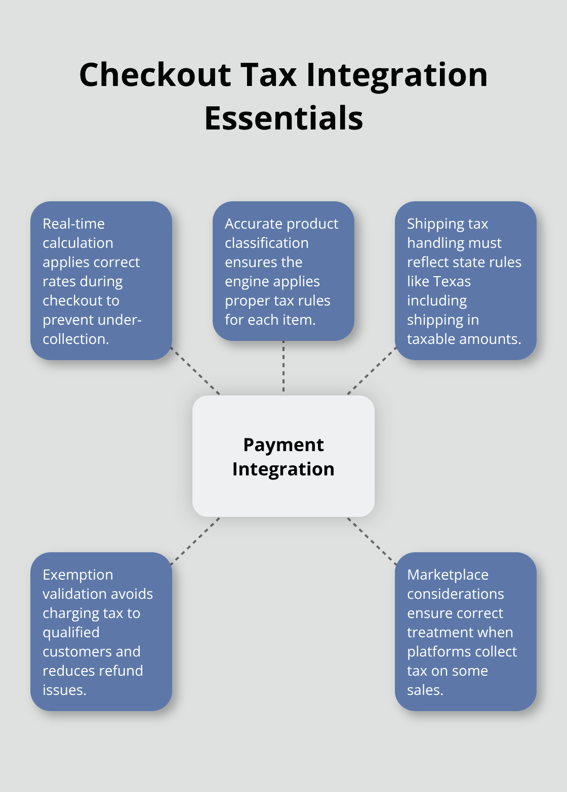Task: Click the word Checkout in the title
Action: pyautogui.click(x=155, y=75)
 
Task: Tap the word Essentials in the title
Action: pyautogui.click(x=283, y=118)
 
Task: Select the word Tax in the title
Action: pyautogui.click(x=268, y=75)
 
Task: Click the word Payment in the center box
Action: pyautogui.click(x=283, y=445)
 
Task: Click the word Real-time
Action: pyautogui.click(x=74, y=224)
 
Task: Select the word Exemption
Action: pyautogui.click(x=78, y=575)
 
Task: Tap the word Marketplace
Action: pyautogui.click(x=448, y=575)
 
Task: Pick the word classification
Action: pyautogui.click(x=267, y=243)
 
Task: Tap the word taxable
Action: pyautogui.click(x=432, y=339)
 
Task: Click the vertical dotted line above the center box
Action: pyautogui.click(x=283, y=368)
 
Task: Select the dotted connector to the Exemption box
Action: pyautogui.click(x=195, y=541)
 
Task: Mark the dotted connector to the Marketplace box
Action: pyautogui.click(x=372, y=541)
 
